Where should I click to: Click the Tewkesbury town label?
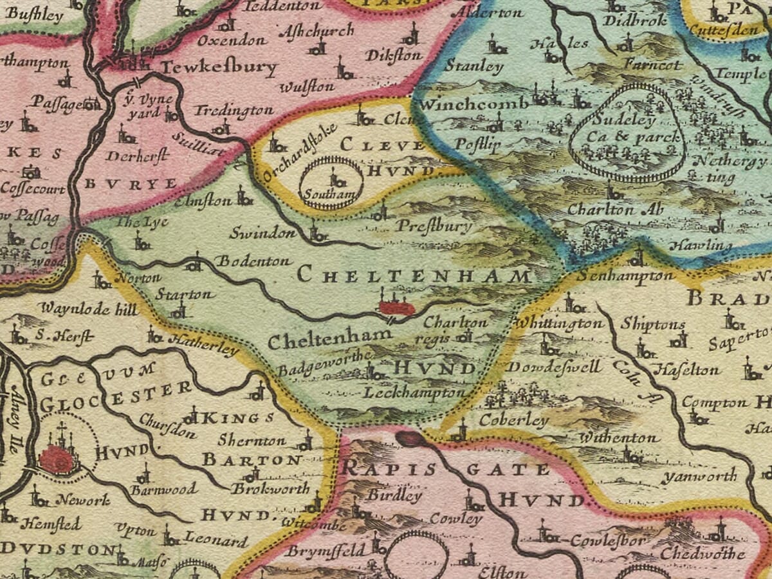[219, 68]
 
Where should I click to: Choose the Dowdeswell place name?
[553, 367]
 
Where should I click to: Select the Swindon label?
[262, 232]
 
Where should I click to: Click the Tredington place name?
[234, 111]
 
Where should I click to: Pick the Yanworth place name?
[700, 477]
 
